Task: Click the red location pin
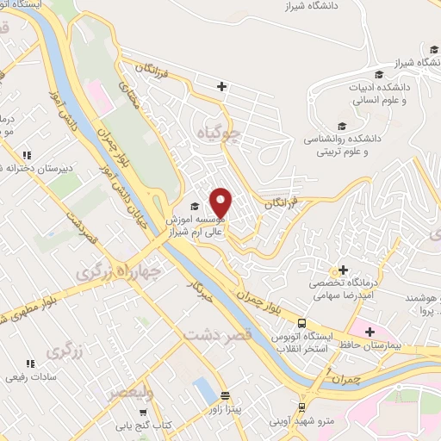[x=222, y=202]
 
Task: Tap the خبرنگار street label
[x=200, y=293]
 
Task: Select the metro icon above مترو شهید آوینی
[x=301, y=407]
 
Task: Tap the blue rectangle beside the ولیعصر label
[x=204, y=390]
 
